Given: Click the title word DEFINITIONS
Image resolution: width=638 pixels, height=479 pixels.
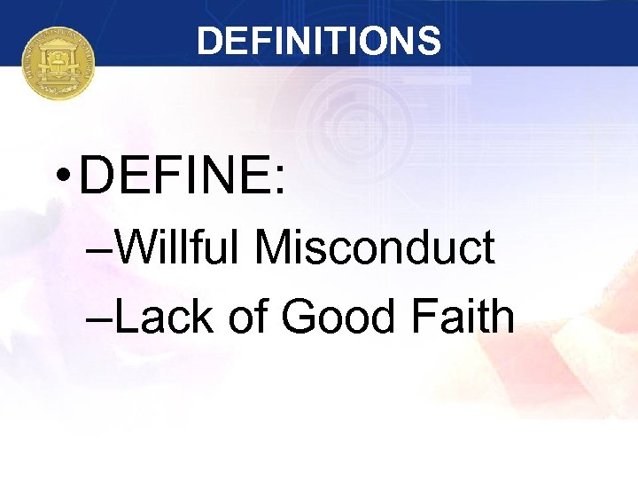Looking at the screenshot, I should (319, 41).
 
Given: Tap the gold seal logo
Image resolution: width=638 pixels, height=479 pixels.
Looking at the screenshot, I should (58, 62).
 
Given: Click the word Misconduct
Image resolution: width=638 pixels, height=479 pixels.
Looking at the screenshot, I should (374, 248).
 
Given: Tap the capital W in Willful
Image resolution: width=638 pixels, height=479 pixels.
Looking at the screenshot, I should (133, 248).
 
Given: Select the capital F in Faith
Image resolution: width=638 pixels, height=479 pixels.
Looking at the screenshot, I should (427, 317).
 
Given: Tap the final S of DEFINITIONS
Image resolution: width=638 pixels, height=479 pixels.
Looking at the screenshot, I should (430, 42).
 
